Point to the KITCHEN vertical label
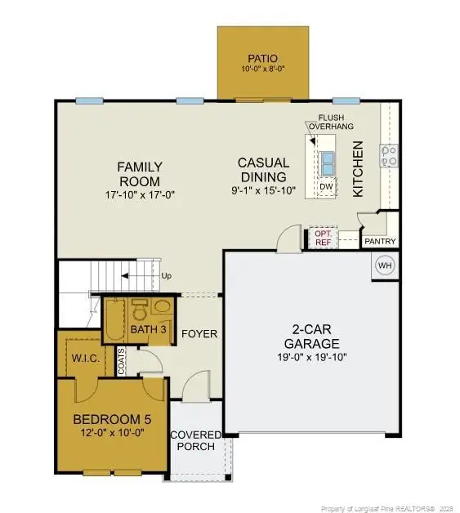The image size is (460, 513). (357, 168)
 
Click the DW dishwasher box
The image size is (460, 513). (326, 187)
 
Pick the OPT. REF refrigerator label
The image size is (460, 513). (323, 237)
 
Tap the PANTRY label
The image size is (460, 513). (381, 242)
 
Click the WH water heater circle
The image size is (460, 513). (385, 265)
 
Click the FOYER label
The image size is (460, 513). (199, 333)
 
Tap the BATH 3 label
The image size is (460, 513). (150, 329)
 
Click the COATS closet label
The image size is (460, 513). (122, 363)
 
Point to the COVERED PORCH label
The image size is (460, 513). (194, 440)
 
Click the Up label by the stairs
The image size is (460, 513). (167, 275)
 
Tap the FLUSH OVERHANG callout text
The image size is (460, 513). (328, 123)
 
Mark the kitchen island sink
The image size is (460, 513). (327, 160)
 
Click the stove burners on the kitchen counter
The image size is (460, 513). (390, 154)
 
